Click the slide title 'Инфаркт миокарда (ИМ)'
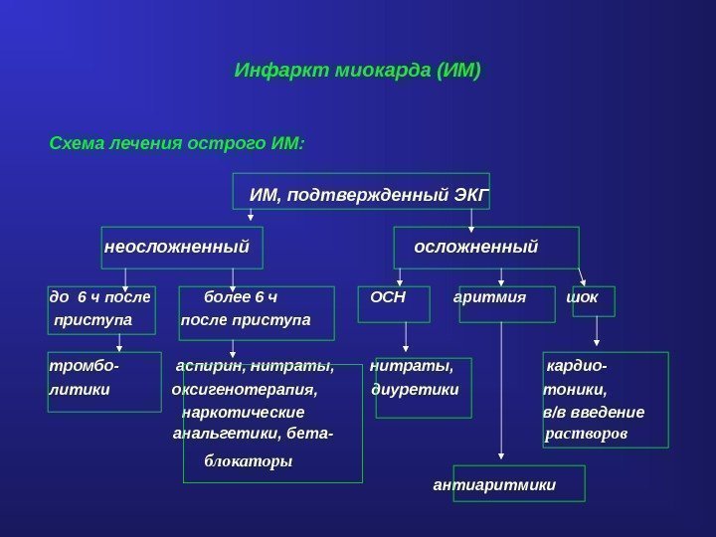click(357, 72)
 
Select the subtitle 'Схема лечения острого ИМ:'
click(177, 143)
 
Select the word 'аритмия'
click(489, 296)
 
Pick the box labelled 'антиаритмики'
click(495, 485)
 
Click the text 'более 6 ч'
click(241, 296)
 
